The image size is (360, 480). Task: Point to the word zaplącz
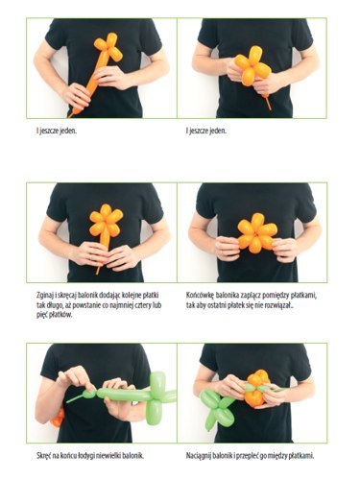point(249,295)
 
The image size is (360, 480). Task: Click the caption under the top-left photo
point(57,131)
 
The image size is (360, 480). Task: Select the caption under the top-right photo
point(206,131)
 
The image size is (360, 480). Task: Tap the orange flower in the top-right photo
point(252,66)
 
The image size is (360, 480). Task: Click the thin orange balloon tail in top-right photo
point(267,102)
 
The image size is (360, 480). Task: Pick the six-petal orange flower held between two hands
point(257,233)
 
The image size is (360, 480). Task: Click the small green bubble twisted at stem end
point(90,394)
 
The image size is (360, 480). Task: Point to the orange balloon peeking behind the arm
point(58,418)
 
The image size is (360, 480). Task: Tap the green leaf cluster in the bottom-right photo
point(216,409)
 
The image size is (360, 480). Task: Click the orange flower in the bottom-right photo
point(256,388)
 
